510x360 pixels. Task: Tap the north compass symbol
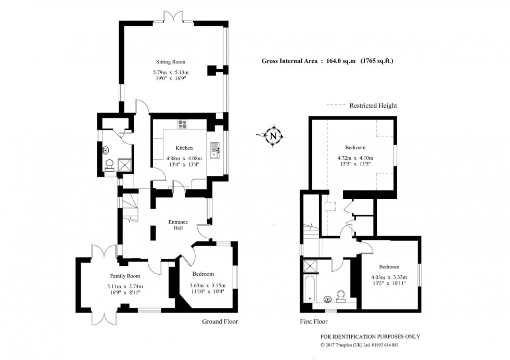[x=273, y=136]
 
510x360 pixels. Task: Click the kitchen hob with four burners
[x=183, y=124]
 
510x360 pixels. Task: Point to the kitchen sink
[x=214, y=150]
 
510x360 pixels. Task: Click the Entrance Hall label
[x=178, y=225]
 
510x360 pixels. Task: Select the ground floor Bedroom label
[x=202, y=274]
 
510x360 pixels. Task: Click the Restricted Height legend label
[x=373, y=106]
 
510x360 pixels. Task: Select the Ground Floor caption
[x=220, y=322]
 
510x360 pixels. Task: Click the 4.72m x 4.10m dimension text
[x=354, y=158]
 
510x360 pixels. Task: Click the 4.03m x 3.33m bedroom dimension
[x=389, y=277]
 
